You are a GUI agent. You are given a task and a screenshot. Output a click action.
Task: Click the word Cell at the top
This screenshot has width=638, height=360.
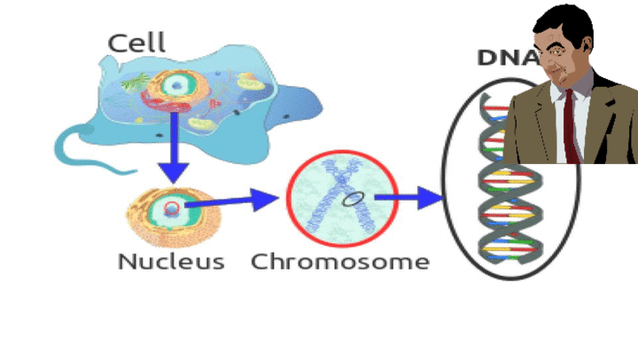coord(136,42)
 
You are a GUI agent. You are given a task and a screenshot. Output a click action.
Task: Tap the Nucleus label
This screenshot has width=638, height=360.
coord(171,262)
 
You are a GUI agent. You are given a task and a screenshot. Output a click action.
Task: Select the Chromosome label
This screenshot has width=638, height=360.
coord(340,262)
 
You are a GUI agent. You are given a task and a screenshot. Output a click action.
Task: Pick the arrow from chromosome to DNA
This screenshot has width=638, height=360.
coord(413,198)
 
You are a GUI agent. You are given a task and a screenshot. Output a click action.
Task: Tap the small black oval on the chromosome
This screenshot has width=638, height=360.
coord(352,200)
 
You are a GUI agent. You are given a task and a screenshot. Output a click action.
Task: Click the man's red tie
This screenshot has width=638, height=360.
coord(570,124)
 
